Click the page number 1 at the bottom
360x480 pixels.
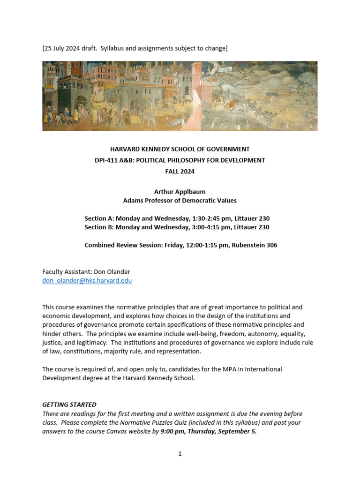pos(180,454)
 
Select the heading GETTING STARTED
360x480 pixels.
pos(69,405)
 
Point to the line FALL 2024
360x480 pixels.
pos(180,172)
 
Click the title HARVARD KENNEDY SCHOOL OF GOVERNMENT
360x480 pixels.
pos(180,149)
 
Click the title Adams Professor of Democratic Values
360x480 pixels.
pos(180,201)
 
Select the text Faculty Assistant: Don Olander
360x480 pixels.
pos(86,272)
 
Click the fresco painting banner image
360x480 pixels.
pos(180,96)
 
